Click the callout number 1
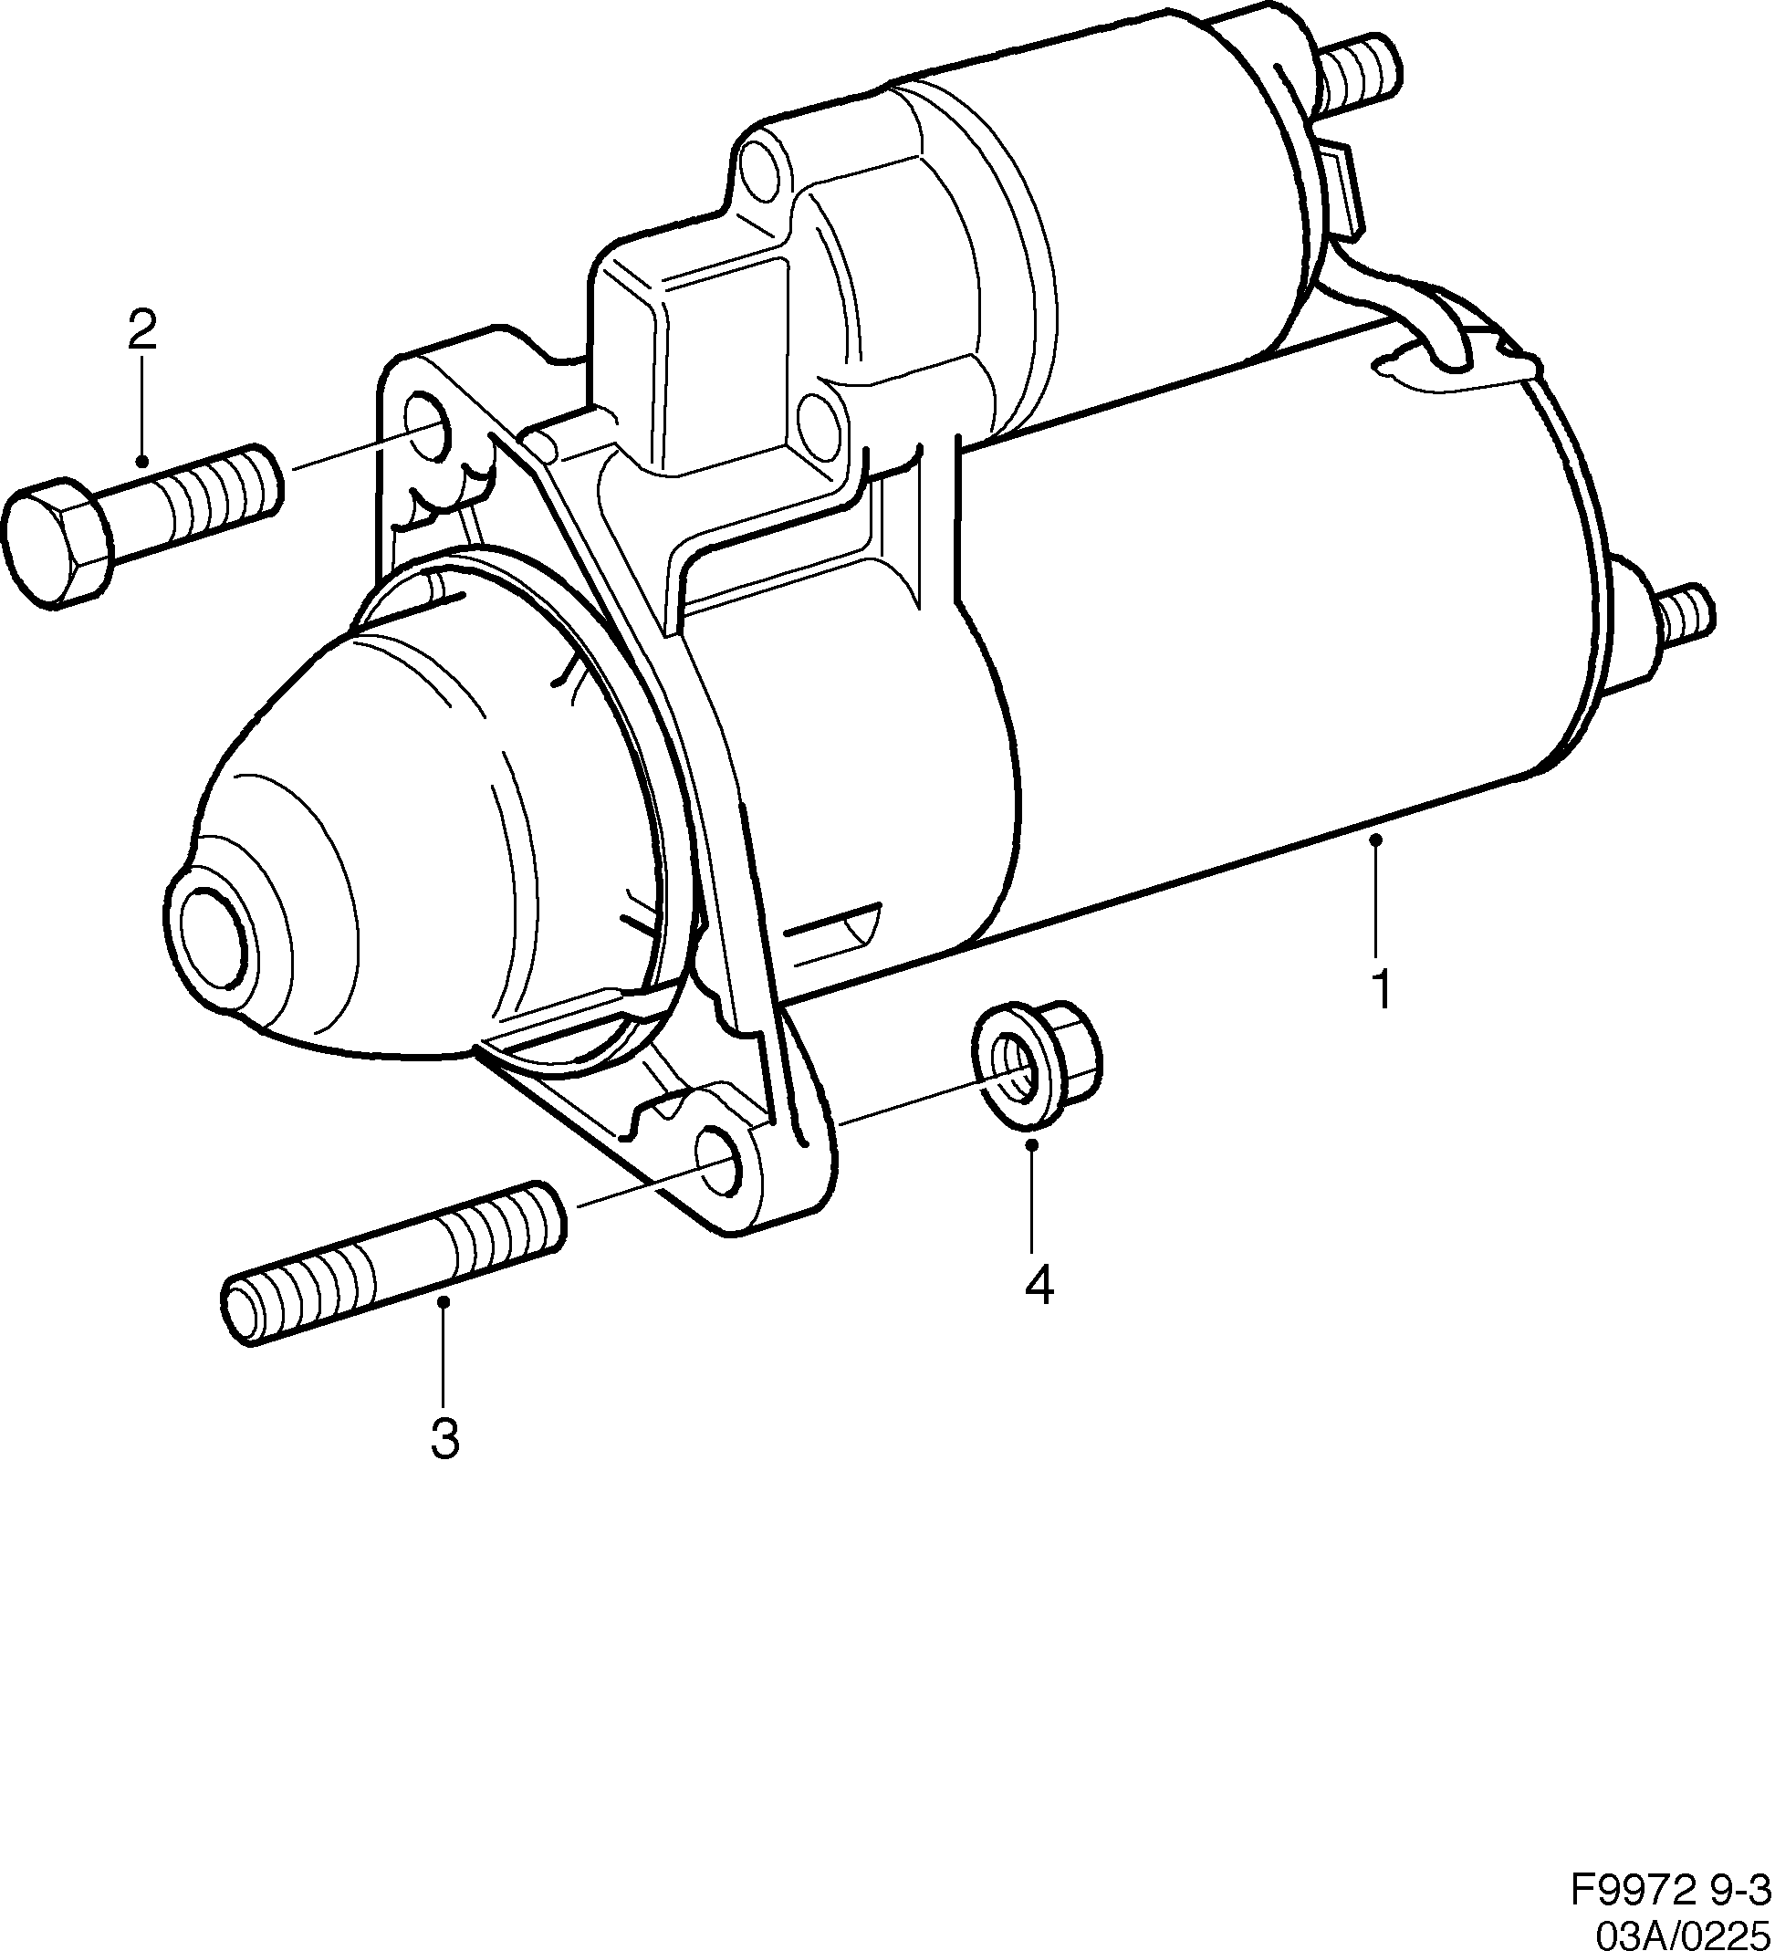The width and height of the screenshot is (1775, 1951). pos(1382,988)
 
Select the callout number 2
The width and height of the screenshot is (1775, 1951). pos(141,330)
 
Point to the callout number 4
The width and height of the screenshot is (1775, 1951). pos(1037,1284)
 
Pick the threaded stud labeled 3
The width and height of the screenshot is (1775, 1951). pos(392,1263)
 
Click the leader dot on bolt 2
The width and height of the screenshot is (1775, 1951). pos(142,463)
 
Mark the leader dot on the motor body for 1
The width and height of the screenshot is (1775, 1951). pos(1376,844)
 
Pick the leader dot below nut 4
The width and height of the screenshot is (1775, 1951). pos(1032,1145)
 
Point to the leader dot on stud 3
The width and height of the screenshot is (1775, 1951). pos(444,1302)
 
